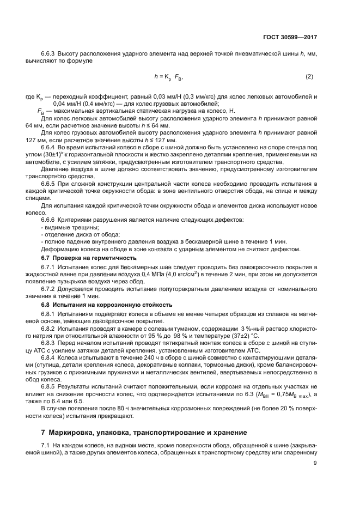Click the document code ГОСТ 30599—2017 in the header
pyautogui.click(x=291, y=38)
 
